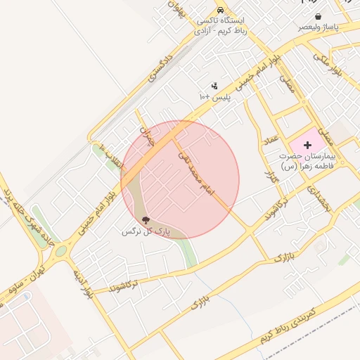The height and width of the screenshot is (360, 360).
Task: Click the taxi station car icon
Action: (x=221, y=11)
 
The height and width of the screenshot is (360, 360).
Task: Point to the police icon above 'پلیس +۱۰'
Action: (x=214, y=86)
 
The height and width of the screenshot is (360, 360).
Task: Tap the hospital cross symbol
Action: (x=307, y=144)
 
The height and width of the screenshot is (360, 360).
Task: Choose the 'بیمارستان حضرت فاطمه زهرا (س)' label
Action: (x=308, y=160)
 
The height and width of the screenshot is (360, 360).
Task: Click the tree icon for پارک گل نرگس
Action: (x=146, y=220)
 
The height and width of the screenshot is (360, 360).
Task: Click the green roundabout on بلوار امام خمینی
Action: (x=61, y=250)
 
